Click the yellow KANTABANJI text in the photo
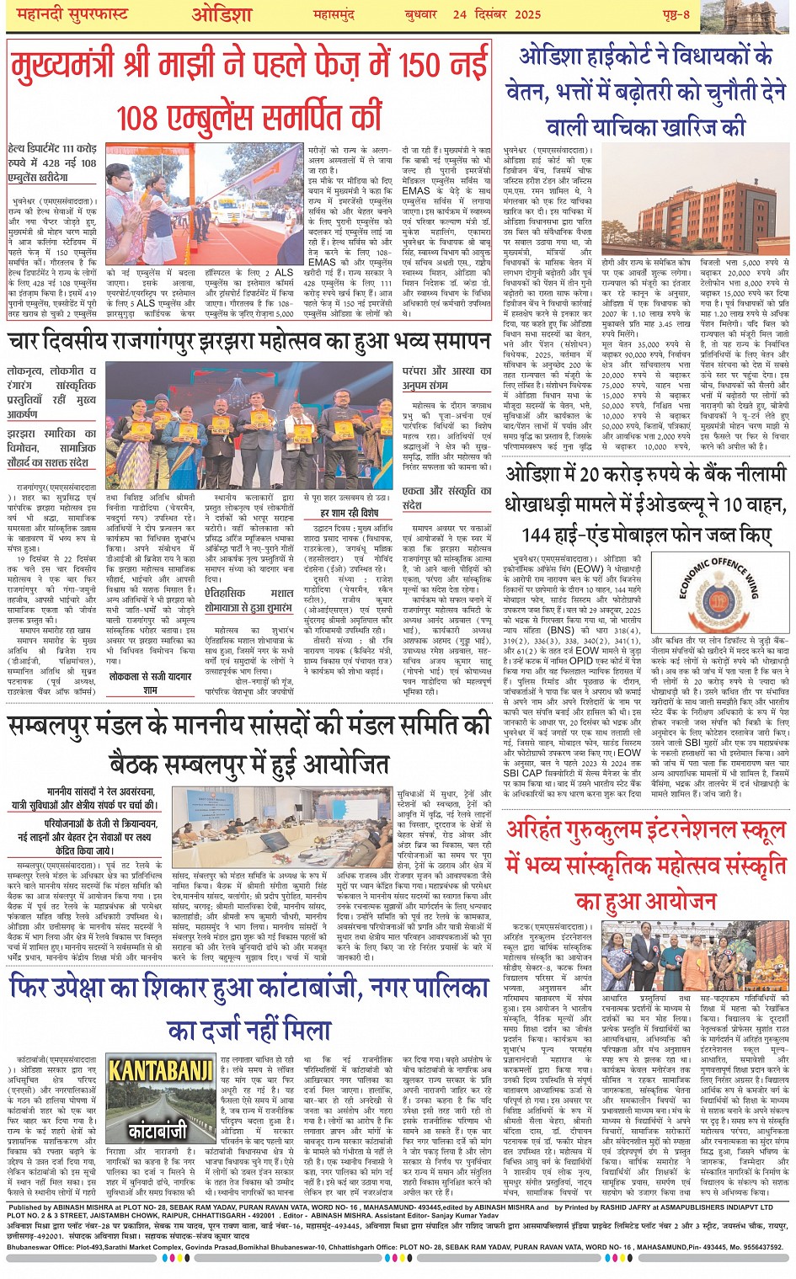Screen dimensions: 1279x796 pos(161,1072)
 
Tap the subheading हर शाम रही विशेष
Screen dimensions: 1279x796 pos(349,512)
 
